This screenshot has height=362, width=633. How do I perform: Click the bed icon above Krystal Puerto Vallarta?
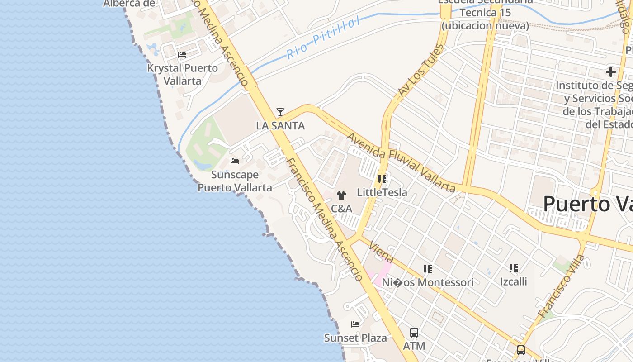(182, 55)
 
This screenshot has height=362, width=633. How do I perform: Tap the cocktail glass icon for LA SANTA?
(280, 112)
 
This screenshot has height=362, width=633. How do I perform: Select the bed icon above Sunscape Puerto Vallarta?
(234, 161)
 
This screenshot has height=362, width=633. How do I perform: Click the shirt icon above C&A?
(341, 195)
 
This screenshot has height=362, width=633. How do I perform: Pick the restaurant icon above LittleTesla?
(382, 179)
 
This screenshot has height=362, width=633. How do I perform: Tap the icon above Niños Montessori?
(428, 269)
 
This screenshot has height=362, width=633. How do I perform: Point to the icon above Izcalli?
(514, 268)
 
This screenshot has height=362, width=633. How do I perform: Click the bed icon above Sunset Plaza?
(355, 324)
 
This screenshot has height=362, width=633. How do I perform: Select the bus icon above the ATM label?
(414, 333)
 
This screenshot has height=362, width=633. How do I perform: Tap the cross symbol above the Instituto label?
(611, 72)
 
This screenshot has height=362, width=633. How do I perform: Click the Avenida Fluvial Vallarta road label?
(401, 162)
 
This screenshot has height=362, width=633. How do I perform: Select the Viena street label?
(382, 252)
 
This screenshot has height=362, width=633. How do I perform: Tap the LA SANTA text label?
(280, 126)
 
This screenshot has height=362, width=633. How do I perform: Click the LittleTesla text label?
(382, 192)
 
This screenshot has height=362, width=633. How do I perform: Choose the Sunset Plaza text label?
(355, 338)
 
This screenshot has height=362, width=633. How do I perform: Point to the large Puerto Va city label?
(588, 204)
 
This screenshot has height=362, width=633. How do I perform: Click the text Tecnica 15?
(485, 12)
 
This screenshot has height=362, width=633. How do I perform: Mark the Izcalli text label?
(514, 281)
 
